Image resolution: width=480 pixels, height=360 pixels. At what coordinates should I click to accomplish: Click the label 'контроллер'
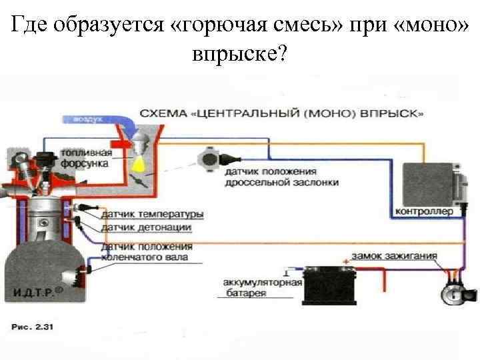pos(424,212)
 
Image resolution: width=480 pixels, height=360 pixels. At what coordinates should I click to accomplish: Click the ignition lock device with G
pos(455,291)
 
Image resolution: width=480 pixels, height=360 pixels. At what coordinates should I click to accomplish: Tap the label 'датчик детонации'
pos(146,227)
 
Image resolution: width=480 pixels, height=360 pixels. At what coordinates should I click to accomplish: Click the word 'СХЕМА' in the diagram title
pos(163,114)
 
